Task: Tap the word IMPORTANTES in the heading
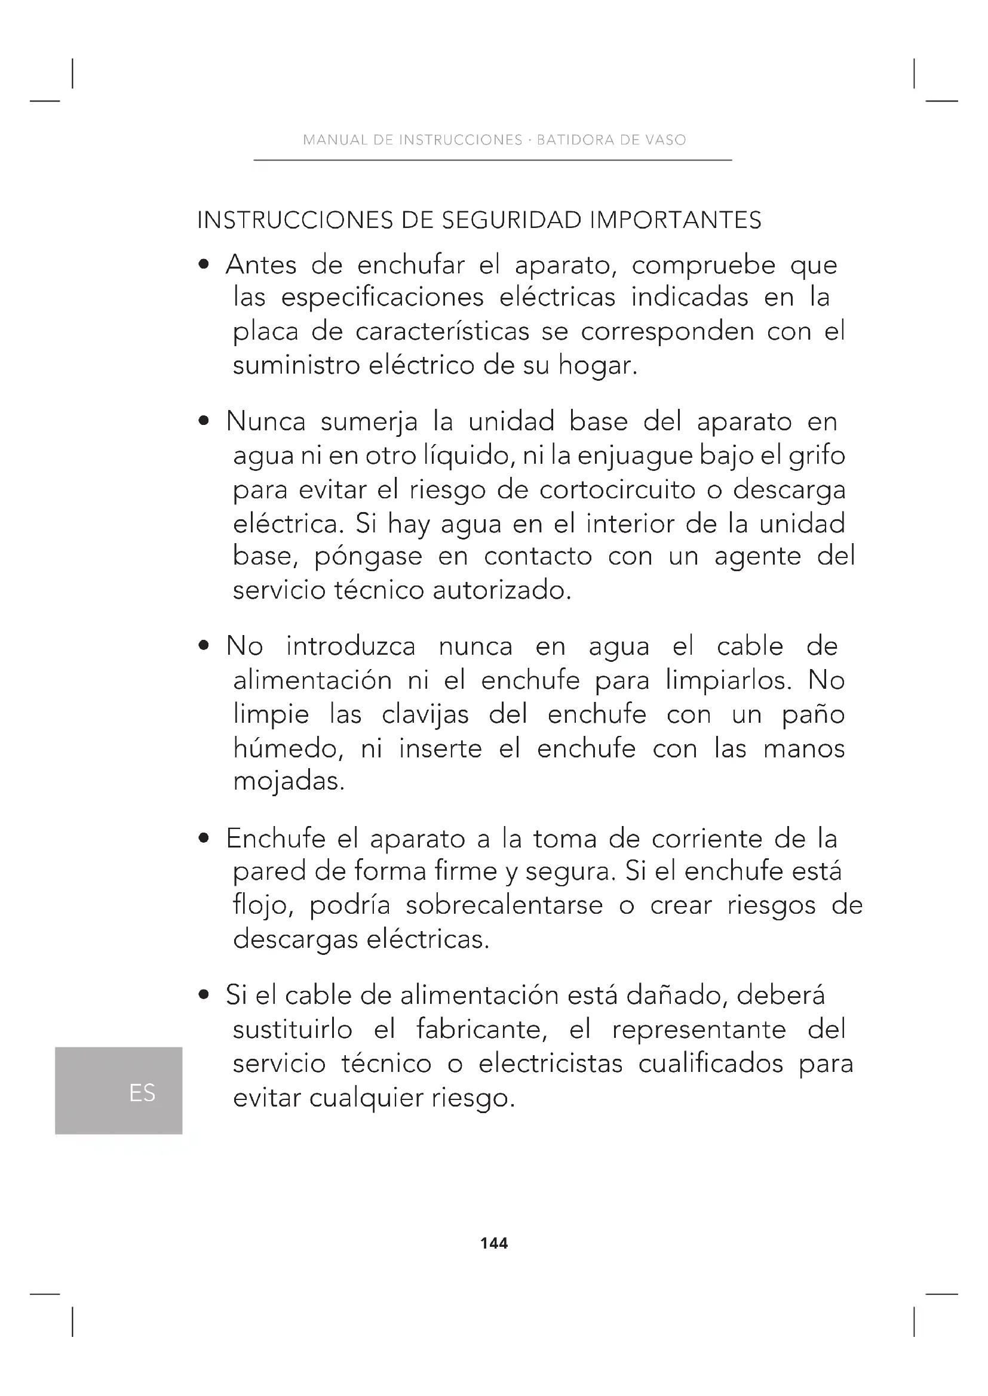click(676, 220)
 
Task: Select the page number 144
click(494, 1243)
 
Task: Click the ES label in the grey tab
click(142, 1093)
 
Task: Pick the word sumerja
click(369, 422)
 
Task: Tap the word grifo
click(817, 455)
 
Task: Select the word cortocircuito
click(618, 490)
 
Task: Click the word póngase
click(368, 557)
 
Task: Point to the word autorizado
click(502, 590)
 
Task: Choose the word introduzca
click(351, 646)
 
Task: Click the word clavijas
click(425, 714)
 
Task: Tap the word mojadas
click(289, 782)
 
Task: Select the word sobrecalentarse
click(504, 906)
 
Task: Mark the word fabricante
click(483, 1030)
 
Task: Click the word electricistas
click(551, 1064)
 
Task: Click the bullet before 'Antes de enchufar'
click(204, 265)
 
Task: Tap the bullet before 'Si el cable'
click(204, 996)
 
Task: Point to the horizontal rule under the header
click(492, 161)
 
